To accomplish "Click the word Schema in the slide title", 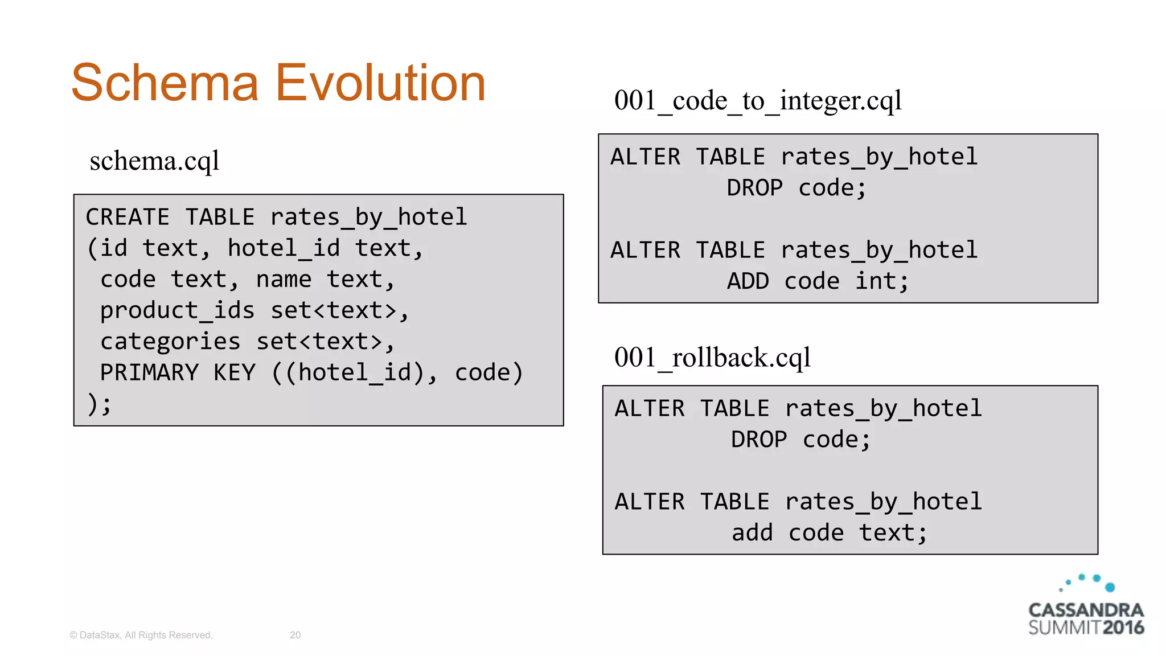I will point(165,83).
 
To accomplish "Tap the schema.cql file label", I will point(154,161).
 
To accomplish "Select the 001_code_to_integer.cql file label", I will point(757,101).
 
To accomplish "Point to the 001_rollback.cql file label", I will point(712,358).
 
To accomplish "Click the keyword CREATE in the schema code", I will point(128,218).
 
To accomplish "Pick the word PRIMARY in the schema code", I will point(149,373).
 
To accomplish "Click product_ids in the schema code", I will point(177,311).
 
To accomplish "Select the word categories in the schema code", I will point(170,342).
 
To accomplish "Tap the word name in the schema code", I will point(284,280).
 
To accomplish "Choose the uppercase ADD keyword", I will point(748,281).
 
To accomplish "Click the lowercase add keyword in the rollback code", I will point(752,533).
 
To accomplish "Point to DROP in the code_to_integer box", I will point(754,188).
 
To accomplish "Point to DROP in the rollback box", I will point(759,440).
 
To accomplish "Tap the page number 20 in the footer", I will point(295,635).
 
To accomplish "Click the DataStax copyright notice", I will point(141,635).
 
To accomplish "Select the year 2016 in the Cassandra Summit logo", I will point(1123,628).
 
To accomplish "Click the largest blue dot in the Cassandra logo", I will point(1110,587).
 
